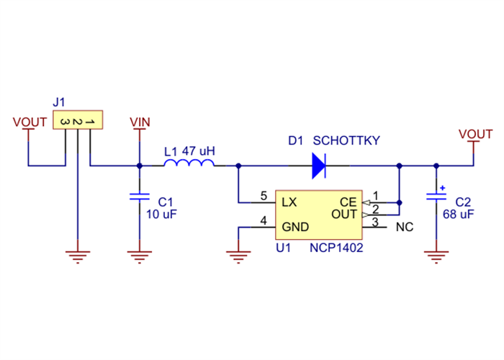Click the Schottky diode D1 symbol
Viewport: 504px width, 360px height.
pyautogui.click(x=318, y=166)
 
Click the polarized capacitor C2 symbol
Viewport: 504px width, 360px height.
pyautogui.click(x=436, y=196)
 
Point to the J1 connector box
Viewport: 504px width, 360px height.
pyautogui.click(x=77, y=121)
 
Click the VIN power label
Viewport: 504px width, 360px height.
pyautogui.click(x=139, y=122)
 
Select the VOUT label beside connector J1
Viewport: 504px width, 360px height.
pyautogui.click(x=30, y=122)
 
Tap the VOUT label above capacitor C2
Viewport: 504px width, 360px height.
pyautogui.click(x=475, y=134)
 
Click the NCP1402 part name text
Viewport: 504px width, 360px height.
pyautogui.click(x=336, y=248)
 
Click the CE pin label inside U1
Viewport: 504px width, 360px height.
pyautogui.click(x=348, y=202)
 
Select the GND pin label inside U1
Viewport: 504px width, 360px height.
pyautogui.click(x=295, y=227)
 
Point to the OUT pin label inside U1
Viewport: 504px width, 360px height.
pyautogui.click(x=343, y=215)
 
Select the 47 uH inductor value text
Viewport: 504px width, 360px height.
pyautogui.click(x=199, y=151)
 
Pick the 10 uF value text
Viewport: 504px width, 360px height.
pyautogui.click(x=162, y=215)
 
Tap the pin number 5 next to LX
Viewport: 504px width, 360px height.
pyautogui.click(x=264, y=195)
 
